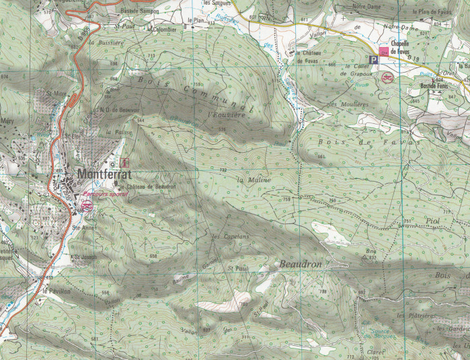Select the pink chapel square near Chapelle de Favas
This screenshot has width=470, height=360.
point(384,50)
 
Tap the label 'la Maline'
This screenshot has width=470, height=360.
point(254,180)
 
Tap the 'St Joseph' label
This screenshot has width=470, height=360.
point(86,256)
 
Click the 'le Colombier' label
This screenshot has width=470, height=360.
point(163,30)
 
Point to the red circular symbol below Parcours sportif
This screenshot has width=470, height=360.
point(87,205)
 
